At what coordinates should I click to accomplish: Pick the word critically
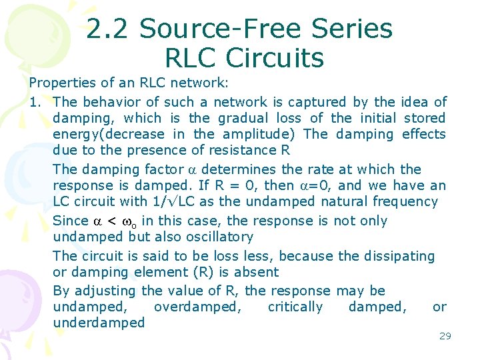(x=295, y=307)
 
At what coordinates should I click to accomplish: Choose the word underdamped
(x=98, y=323)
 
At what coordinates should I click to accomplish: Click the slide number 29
(x=445, y=336)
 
